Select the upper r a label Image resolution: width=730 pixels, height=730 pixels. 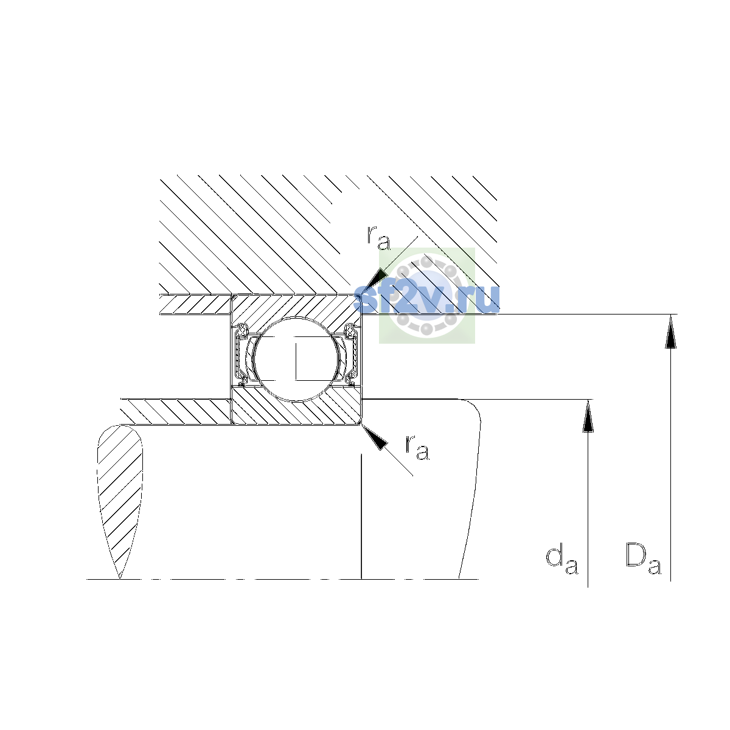tap(378, 238)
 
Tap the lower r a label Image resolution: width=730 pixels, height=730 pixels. tap(417, 448)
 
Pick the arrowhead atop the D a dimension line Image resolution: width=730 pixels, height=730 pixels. tap(670, 331)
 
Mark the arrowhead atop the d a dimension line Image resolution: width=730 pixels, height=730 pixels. tap(588, 415)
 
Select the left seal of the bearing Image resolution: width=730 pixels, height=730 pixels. tap(240, 354)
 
